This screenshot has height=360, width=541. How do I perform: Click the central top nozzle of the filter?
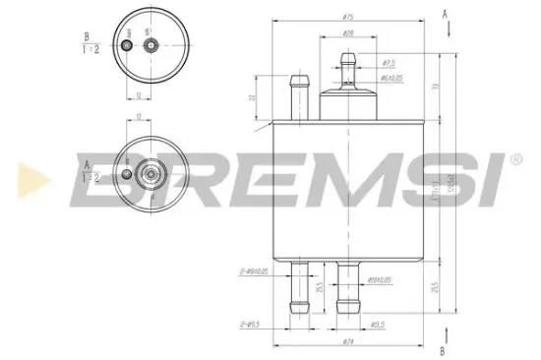tap(346, 68)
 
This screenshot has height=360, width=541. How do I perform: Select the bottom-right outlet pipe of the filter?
tap(346, 287)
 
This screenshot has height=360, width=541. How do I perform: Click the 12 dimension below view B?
tap(140, 94)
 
